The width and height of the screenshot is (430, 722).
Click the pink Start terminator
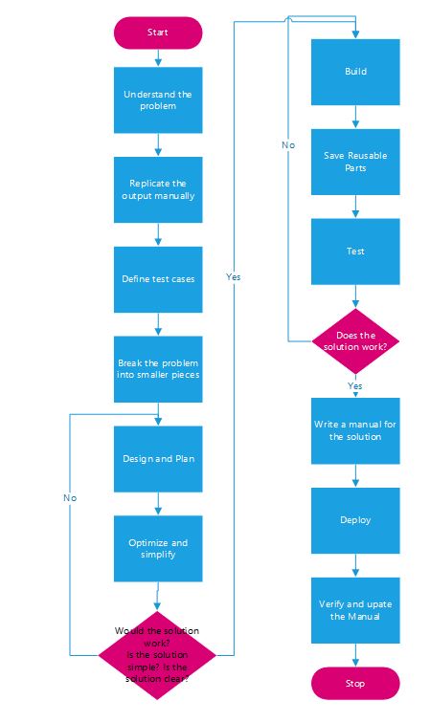(x=158, y=33)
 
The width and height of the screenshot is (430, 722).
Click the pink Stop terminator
(x=355, y=684)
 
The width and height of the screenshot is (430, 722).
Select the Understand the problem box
(x=158, y=99)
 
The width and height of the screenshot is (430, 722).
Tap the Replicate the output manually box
(x=158, y=189)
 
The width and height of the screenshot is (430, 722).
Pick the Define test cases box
(x=158, y=279)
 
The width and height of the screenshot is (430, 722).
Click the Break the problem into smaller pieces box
(x=158, y=369)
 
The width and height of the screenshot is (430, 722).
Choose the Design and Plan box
(x=158, y=459)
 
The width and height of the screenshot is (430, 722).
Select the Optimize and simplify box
(x=158, y=548)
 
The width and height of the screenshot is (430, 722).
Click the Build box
(x=355, y=72)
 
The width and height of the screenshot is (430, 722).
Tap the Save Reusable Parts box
(x=355, y=162)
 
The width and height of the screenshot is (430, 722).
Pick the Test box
(x=355, y=252)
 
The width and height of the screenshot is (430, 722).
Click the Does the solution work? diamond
(x=355, y=341)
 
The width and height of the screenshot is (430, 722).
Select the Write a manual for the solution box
(x=355, y=431)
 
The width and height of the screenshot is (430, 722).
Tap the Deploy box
(x=355, y=520)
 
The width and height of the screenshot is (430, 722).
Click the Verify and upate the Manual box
(x=355, y=610)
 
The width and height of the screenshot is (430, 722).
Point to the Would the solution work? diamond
(x=157, y=655)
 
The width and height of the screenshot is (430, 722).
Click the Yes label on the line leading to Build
(x=234, y=276)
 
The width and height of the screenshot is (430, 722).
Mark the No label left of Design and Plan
(x=70, y=498)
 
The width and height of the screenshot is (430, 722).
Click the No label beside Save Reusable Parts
(x=288, y=145)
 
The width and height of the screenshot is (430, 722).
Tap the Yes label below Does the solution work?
(x=354, y=386)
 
